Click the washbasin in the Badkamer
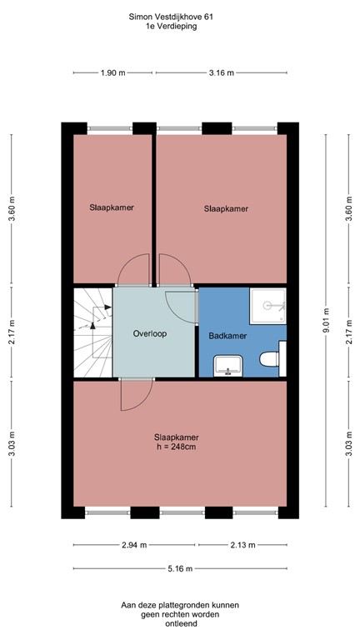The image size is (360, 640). coord(226,365)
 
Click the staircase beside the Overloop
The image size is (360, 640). coord(92,332)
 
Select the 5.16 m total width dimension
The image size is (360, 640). coord(179,568)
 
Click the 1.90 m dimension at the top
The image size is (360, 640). coord(112,73)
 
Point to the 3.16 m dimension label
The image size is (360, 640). coord(221,73)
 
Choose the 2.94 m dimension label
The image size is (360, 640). coord(134,545)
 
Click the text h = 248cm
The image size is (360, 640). coord(176,447)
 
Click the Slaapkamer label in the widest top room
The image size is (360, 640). coord(226,209)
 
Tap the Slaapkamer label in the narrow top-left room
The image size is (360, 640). coord(112,207)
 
